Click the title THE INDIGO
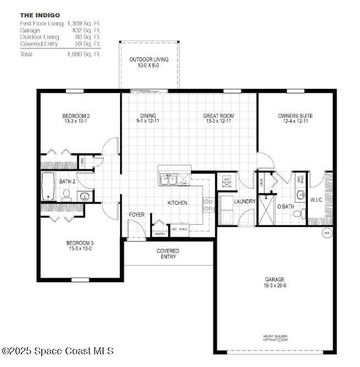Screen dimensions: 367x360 point(40,15)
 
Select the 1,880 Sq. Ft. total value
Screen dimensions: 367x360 point(84,54)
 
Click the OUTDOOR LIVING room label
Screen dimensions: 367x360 point(149,59)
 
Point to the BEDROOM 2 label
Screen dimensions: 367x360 point(76,115)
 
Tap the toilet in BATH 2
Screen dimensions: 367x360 point(66,194)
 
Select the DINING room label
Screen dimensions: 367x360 point(148,115)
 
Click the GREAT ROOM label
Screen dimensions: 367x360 point(218,115)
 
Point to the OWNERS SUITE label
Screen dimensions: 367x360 point(295,115)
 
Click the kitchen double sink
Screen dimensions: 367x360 point(167,179)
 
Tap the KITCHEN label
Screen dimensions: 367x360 point(177,203)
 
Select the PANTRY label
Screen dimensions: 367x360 point(160,233)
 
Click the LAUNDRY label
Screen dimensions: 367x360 point(245,202)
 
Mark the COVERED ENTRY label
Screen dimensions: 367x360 point(167,253)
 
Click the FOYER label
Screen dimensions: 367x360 point(137,214)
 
